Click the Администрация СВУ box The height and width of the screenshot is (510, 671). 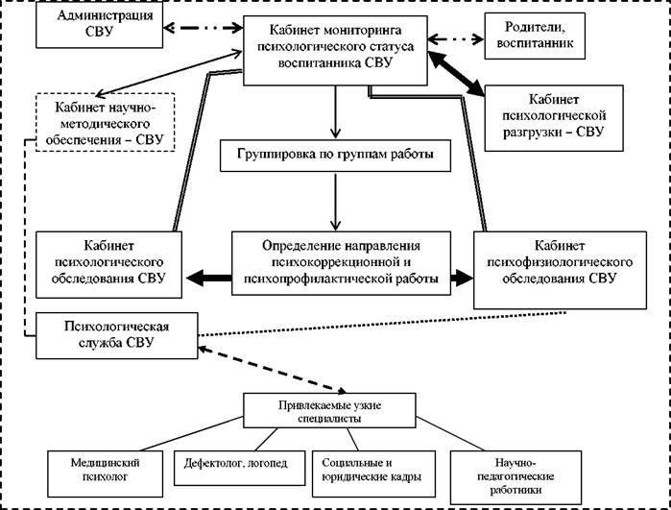(x=99, y=25)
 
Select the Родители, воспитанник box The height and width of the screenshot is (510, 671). (x=535, y=36)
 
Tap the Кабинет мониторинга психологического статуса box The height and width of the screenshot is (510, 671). (x=336, y=51)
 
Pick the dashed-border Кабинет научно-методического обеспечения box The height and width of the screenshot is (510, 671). (x=106, y=122)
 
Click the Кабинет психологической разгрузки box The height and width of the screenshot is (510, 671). (x=554, y=118)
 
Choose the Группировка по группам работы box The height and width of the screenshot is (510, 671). (x=336, y=156)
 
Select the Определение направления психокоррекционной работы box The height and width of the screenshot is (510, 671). (x=341, y=263)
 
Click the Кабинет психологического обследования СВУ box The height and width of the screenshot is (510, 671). (x=108, y=265)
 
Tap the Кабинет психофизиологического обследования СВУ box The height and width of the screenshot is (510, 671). (x=561, y=270)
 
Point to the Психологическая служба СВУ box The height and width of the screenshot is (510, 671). (x=117, y=335)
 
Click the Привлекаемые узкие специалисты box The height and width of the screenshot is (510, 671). (x=329, y=410)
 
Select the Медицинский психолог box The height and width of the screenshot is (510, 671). (x=106, y=474)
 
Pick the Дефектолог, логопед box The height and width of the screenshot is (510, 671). (x=240, y=468)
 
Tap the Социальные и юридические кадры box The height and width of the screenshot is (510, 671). (x=374, y=474)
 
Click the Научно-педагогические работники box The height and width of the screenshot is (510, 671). (x=516, y=477)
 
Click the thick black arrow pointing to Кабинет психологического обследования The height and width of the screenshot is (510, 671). (x=209, y=279)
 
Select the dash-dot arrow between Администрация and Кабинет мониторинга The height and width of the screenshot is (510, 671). (x=204, y=28)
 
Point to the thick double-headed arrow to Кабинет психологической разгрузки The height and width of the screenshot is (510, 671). (x=456, y=73)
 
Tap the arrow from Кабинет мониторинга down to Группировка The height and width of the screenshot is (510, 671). (x=336, y=112)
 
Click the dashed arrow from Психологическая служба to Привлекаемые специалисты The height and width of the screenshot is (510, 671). (x=273, y=370)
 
